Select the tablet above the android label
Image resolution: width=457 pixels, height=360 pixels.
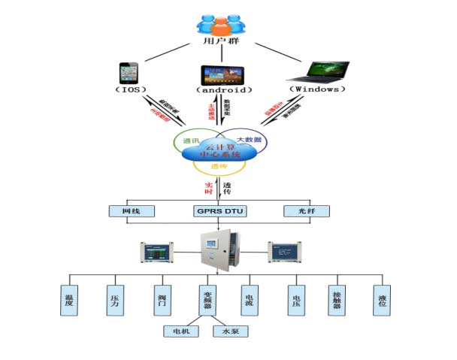[221, 75]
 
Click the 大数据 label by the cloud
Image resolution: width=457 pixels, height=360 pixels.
[248, 140]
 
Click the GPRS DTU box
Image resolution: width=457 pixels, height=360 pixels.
[219, 212]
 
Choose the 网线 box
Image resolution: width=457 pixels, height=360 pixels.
[132, 212]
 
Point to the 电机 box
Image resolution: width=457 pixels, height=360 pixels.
[181, 331]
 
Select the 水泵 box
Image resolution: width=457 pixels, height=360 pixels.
[230, 331]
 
